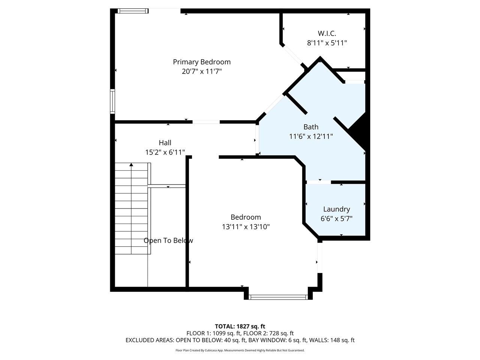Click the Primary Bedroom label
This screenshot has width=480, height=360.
coord(202,62)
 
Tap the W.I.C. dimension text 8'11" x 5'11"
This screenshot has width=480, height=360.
coord(327,43)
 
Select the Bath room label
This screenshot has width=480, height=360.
coord(311,127)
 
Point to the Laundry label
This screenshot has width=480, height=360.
coord(336,209)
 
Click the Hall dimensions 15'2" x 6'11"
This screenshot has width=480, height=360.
coord(165,152)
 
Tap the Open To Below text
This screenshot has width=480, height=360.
coord(168,241)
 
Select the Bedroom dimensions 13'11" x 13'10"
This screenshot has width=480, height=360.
coord(246,227)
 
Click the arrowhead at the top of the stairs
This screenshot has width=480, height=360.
coord(131,165)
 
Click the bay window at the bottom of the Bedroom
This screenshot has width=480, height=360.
coord(278,297)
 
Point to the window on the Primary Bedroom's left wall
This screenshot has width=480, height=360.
coord(112,101)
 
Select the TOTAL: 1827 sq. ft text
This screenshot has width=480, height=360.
coord(240,326)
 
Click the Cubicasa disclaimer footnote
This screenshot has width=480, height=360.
coord(240,350)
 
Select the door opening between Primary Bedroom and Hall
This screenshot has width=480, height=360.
coord(206,122)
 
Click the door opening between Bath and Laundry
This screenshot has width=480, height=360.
coord(318,182)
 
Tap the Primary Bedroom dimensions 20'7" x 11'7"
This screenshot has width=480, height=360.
coord(202,72)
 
